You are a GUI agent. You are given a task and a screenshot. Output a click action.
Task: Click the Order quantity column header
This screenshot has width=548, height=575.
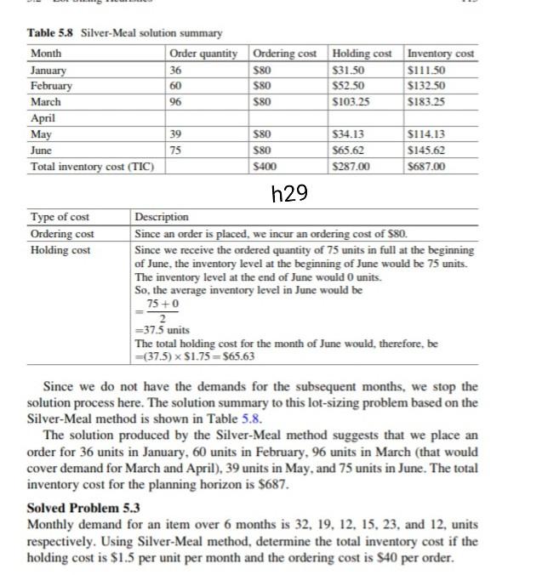203,54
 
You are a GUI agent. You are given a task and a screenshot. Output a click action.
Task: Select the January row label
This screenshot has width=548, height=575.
49,71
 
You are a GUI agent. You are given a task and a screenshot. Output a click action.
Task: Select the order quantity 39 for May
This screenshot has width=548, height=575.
177,134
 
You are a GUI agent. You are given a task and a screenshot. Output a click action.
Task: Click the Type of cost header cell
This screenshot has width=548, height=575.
60,218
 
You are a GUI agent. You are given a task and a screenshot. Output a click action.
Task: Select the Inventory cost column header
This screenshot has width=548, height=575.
441,54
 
